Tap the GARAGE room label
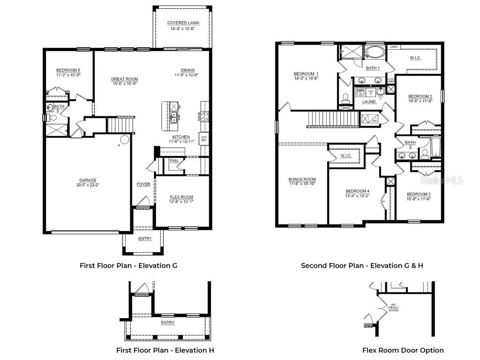[x=88, y=180]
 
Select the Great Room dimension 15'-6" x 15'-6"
[x=124, y=84]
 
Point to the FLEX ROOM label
[x=181, y=197]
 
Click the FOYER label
[x=143, y=184]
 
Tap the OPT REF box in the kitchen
[x=204, y=138]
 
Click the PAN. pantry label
[x=174, y=161]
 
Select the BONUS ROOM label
[x=302, y=179]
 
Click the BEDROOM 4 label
[x=357, y=191]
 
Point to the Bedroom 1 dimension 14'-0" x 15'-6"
[x=306, y=79]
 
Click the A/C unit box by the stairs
[x=370, y=119]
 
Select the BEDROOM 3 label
[x=418, y=194]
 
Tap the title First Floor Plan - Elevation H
[x=165, y=350]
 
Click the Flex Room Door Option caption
[x=403, y=350]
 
